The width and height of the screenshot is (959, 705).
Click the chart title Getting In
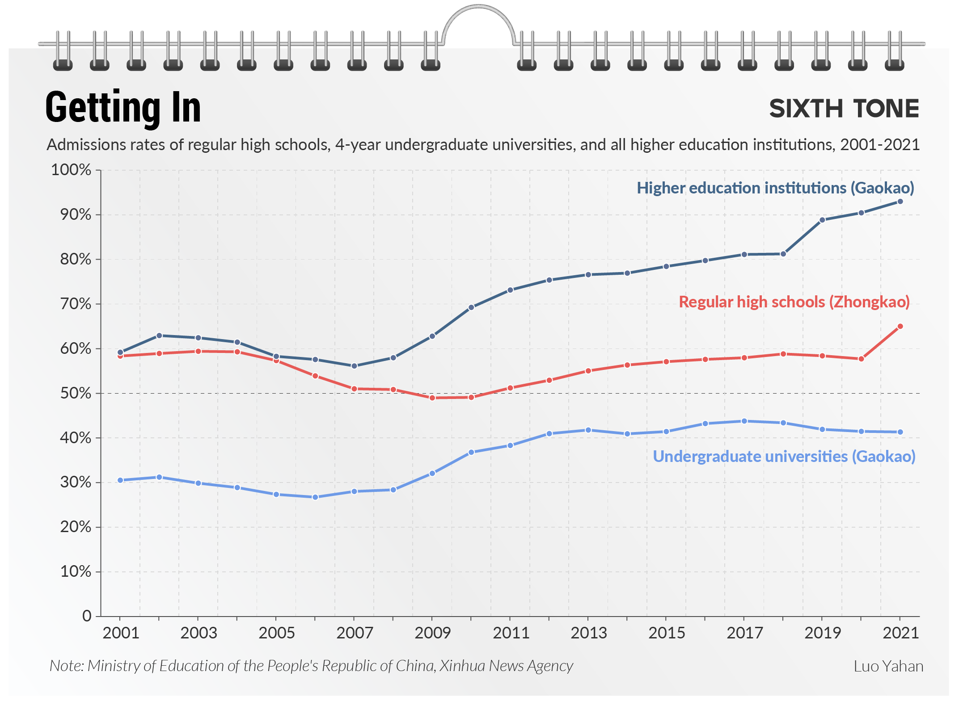(123, 108)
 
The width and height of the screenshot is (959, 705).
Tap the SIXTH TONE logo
(844, 109)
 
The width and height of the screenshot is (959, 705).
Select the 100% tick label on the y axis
(71, 170)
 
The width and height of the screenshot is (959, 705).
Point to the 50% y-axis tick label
(76, 393)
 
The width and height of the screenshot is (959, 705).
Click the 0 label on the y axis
(87, 616)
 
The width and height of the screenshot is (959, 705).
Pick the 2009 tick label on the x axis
(432, 633)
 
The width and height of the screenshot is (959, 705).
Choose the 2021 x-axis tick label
(900, 633)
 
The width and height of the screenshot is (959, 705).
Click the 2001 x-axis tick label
(121, 633)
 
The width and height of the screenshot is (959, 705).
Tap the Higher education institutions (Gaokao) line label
(775, 188)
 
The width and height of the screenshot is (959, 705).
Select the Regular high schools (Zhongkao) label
(794, 302)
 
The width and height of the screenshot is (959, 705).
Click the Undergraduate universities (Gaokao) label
(784, 457)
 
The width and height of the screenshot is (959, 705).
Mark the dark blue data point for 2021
(900, 201)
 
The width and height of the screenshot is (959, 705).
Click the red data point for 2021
(900, 327)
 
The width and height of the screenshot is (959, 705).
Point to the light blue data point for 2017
(744, 421)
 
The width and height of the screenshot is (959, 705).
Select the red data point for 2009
(432, 398)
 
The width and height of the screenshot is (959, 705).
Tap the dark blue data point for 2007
(354, 366)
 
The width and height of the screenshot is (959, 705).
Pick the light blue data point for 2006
(315, 497)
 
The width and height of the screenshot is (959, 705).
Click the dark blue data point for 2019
(822, 220)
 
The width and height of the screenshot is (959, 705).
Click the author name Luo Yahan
(888, 666)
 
